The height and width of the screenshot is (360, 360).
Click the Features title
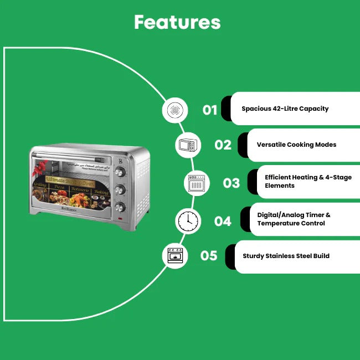pyautogui.click(x=177, y=22)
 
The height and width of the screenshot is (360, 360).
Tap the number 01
pyautogui.click(x=210, y=110)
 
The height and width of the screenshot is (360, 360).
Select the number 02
pyautogui.click(x=223, y=145)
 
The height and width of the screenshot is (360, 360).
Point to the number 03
pyautogui.click(x=232, y=182)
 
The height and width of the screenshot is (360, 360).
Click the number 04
pyautogui.click(x=223, y=222)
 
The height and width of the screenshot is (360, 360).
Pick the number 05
pyautogui.click(x=209, y=256)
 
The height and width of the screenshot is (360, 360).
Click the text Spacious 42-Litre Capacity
pyautogui.click(x=285, y=109)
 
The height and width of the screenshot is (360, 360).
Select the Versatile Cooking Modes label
pyautogui.click(x=296, y=145)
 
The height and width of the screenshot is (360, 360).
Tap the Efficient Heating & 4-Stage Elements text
pyautogui.click(x=308, y=181)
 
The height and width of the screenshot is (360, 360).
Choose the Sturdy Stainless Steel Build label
pyautogui.click(x=286, y=256)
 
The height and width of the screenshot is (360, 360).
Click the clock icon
pyautogui.click(x=188, y=221)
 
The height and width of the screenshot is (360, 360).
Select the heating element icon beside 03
pyautogui.click(x=197, y=183)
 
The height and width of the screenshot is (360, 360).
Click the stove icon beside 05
pyautogui.click(x=174, y=256)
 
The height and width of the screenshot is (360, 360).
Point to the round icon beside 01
pyautogui.click(x=174, y=110)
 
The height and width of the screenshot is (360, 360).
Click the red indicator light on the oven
pyautogui.click(x=120, y=219)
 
